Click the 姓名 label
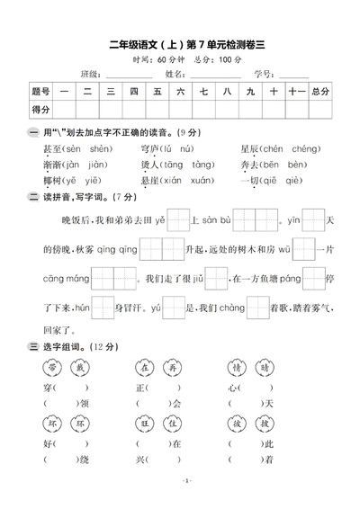[x=175, y=73]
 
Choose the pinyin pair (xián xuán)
[x=184, y=180]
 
